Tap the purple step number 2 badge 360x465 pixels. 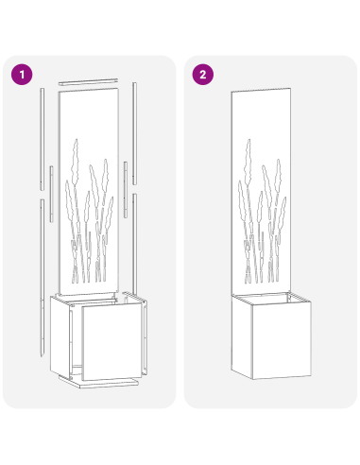point(201,74)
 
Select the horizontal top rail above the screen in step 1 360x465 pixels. point(91,82)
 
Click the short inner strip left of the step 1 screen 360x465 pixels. point(51,180)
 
